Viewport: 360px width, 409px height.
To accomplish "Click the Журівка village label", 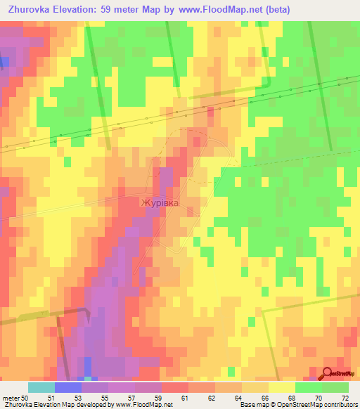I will point(160,203).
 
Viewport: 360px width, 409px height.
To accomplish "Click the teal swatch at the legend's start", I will point(41,387).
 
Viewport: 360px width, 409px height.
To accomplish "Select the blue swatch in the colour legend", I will point(67,387).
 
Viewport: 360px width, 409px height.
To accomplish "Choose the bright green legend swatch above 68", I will point(309,387).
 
